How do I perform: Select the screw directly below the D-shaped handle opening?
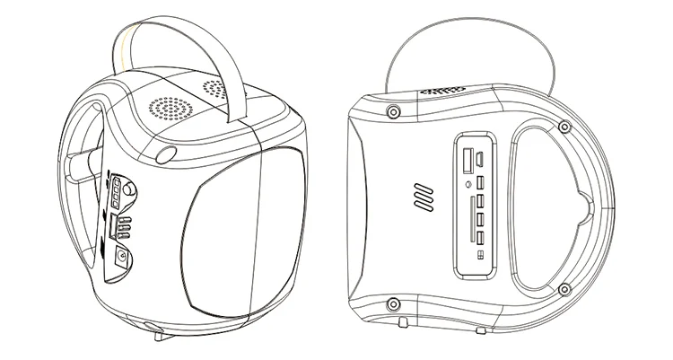(x=564, y=290)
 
